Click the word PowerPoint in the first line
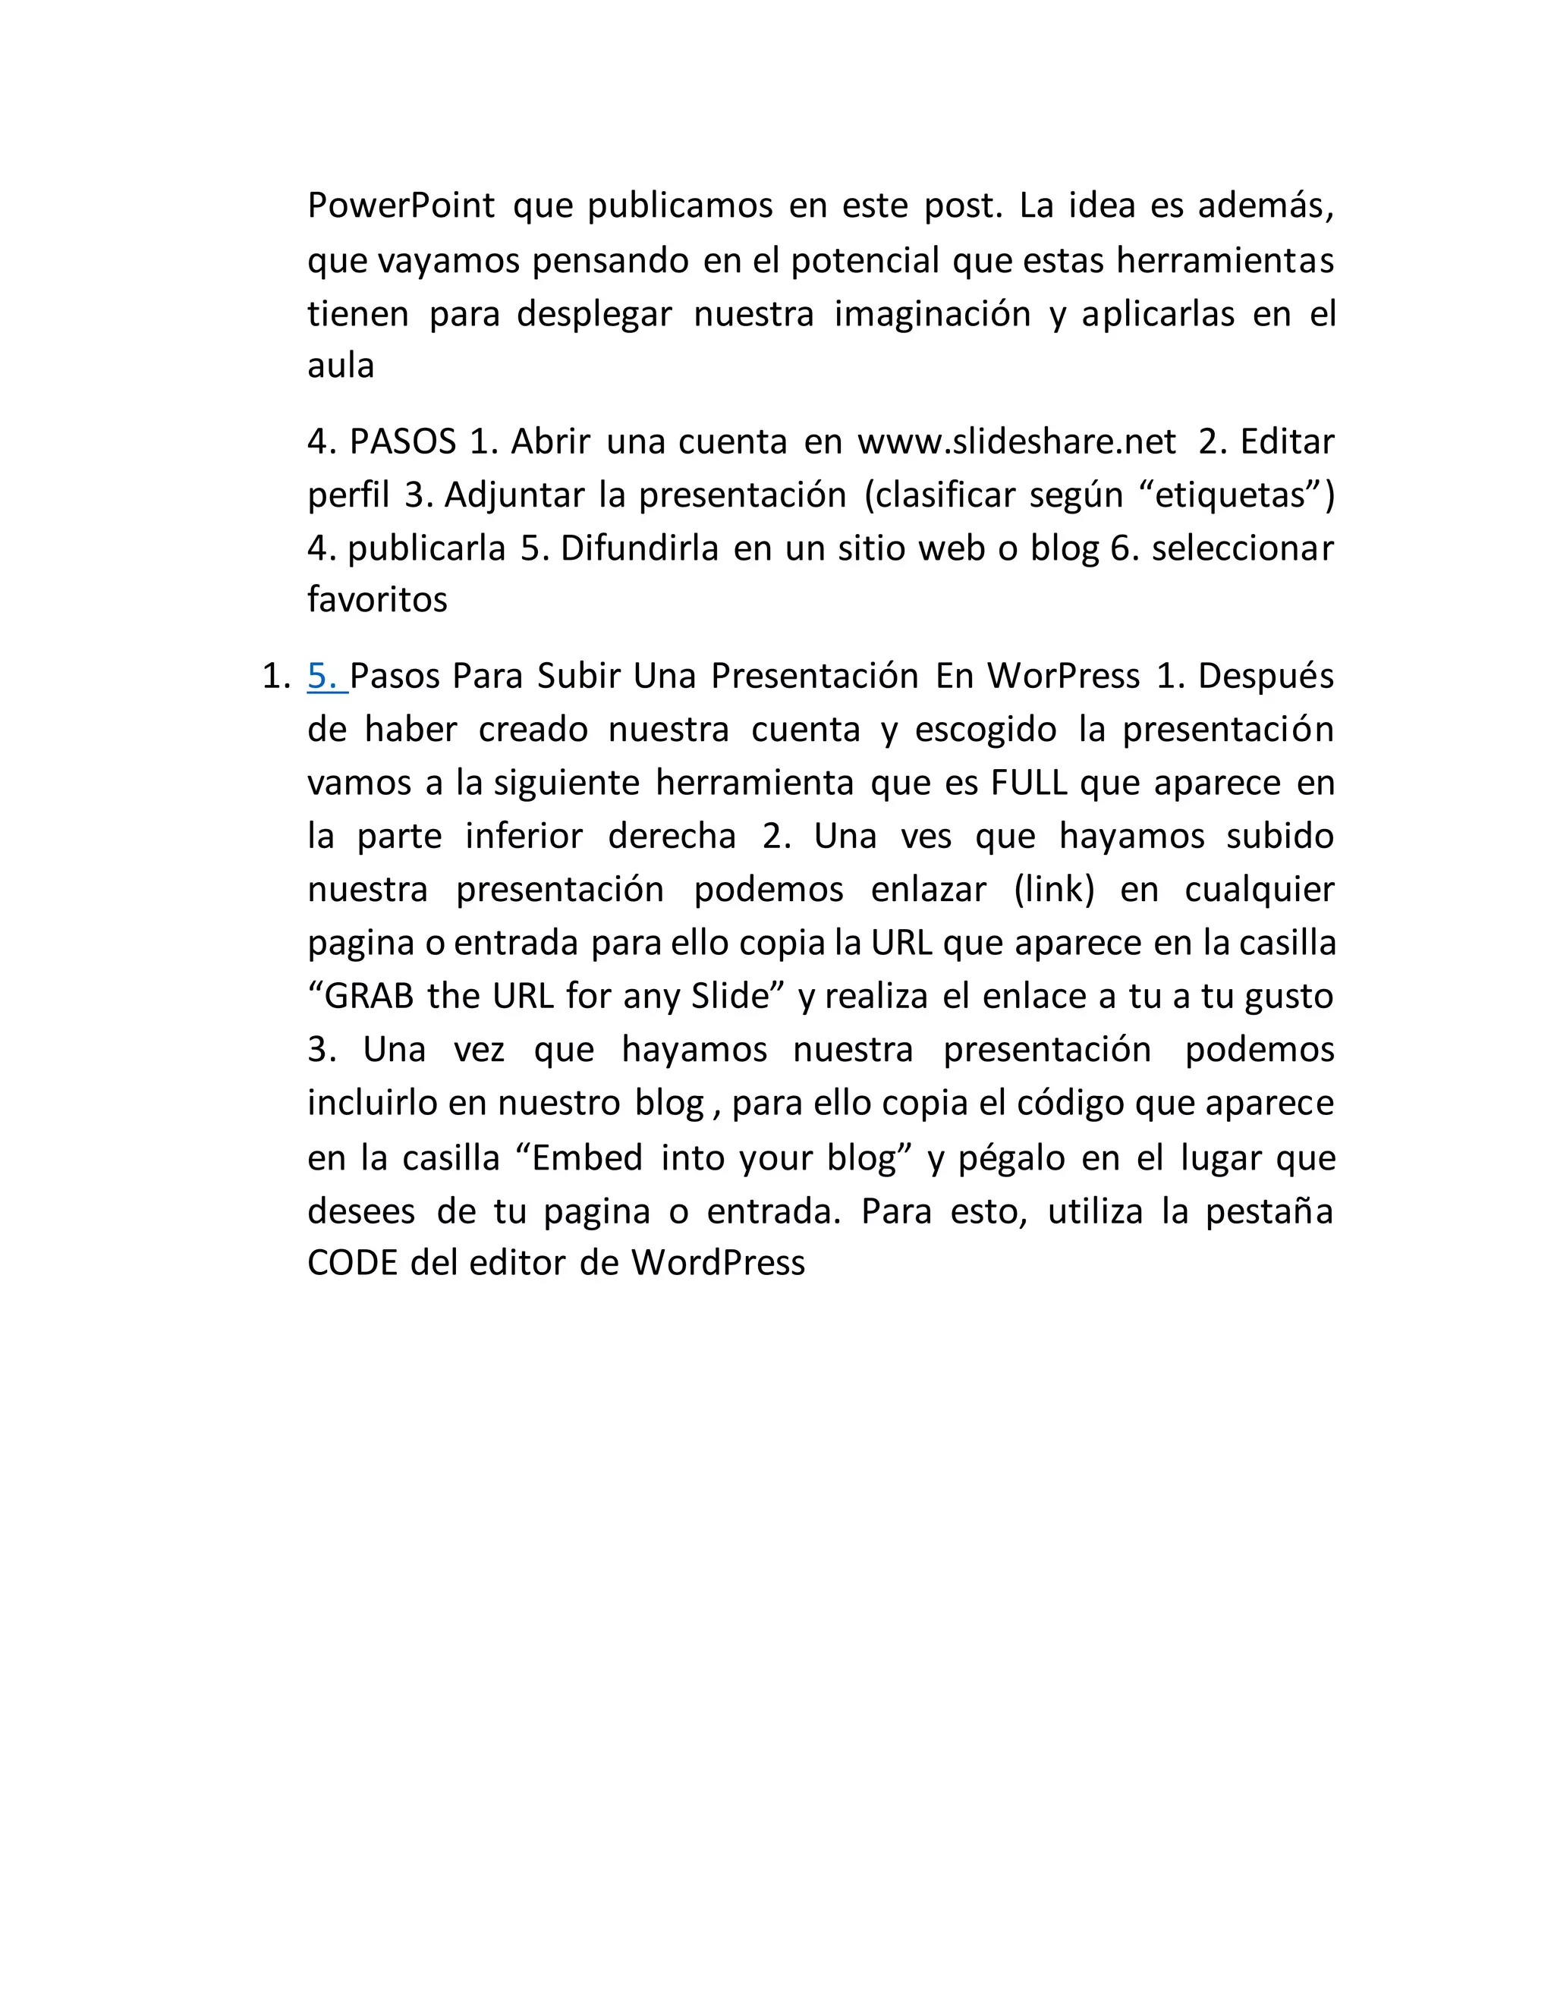(401, 206)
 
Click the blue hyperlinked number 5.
(324, 677)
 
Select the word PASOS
(402, 441)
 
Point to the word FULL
(1028, 784)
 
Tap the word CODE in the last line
(353, 1264)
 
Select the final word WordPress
(717, 1264)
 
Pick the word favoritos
(377, 600)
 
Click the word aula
(341, 366)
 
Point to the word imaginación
(932, 314)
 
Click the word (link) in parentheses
(1053, 890)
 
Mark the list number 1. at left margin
(276, 677)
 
